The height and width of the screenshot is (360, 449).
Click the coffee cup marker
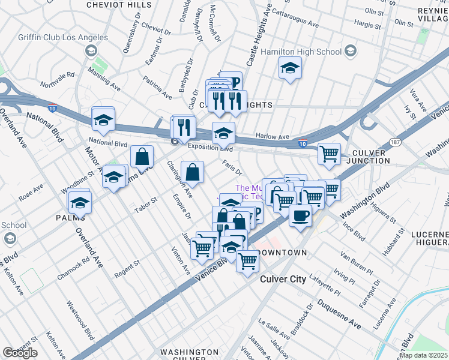pyautogui.click(x=300, y=214)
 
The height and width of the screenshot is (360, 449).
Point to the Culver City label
pyautogui.click(x=283, y=279)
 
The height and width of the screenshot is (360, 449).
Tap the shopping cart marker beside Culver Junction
pyautogui.click(x=329, y=154)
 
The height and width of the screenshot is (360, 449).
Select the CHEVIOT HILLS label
pyautogui.click(x=119, y=5)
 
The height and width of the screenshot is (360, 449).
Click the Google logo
pyautogui.click(x=20, y=353)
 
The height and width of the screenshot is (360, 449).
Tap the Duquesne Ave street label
pyautogui.click(x=339, y=314)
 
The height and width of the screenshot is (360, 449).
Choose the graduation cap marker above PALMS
pyautogui.click(x=79, y=202)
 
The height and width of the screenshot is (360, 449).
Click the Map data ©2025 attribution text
pyautogui.click(x=423, y=355)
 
